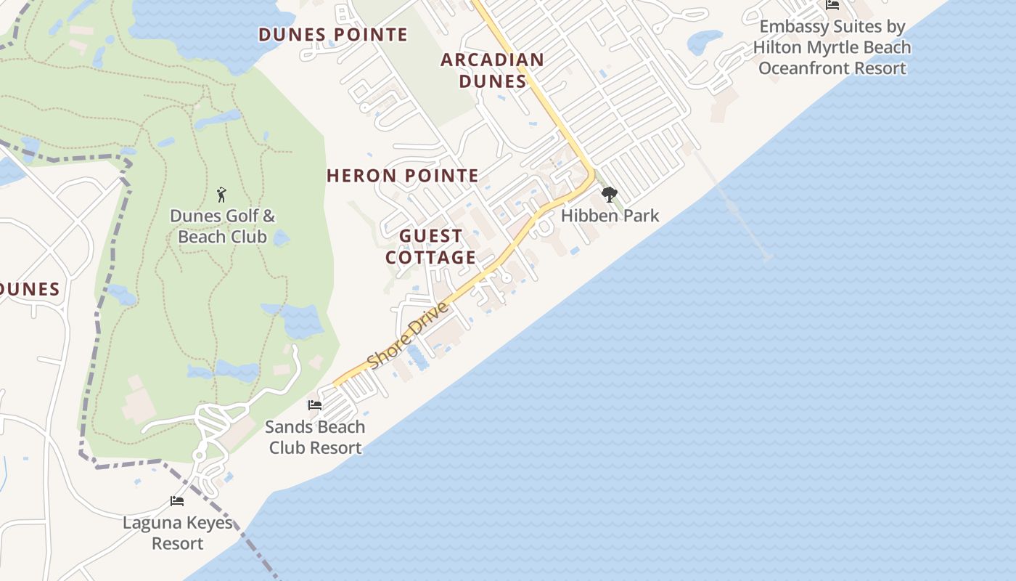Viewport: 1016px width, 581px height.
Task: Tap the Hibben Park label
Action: [x=610, y=216]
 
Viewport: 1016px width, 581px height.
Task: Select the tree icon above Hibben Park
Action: [x=610, y=195]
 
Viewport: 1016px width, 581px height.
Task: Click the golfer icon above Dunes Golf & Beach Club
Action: [x=222, y=195]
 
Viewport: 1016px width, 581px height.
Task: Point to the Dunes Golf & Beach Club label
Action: [x=223, y=226]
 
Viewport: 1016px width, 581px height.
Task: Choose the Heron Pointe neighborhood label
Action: [x=403, y=175]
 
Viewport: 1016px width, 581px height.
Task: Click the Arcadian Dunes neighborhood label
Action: [x=492, y=70]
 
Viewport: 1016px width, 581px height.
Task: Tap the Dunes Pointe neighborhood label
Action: [x=333, y=34]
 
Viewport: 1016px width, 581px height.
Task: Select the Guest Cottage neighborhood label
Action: [x=431, y=246]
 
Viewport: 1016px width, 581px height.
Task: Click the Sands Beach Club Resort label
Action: [x=315, y=436]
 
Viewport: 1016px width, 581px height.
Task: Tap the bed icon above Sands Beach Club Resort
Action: [x=315, y=405]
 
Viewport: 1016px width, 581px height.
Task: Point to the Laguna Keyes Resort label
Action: [x=178, y=532]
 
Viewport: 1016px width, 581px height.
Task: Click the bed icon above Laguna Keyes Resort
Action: [x=177, y=501]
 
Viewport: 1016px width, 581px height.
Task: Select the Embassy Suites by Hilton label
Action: [x=832, y=47]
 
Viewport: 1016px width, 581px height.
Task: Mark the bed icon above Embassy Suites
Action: [x=832, y=5]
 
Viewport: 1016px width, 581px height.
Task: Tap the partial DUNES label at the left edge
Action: [x=29, y=289]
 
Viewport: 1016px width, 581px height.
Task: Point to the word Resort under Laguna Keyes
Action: [x=178, y=543]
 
